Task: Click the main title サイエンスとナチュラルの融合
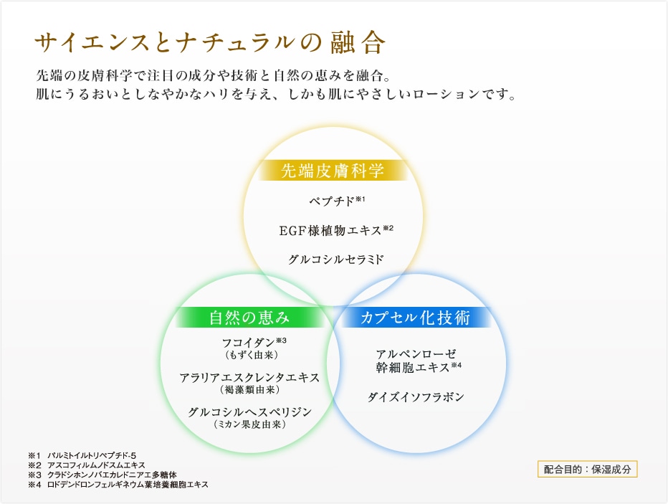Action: click(210, 42)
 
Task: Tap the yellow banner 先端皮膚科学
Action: click(333, 171)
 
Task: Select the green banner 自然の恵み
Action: click(249, 318)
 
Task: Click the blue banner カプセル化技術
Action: click(416, 318)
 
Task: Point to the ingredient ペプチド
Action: click(332, 201)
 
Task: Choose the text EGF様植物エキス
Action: click(330, 230)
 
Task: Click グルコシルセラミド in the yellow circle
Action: click(336, 259)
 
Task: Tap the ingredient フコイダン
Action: click(249, 343)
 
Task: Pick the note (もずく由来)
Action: click(252, 355)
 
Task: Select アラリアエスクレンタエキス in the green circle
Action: click(249, 378)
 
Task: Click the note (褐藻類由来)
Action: click(250, 389)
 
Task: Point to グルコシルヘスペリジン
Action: click(250, 412)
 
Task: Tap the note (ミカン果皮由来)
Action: click(250, 424)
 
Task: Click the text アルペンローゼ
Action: click(416, 354)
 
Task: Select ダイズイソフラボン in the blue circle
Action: click(416, 397)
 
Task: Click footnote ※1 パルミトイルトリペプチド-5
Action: click(82, 456)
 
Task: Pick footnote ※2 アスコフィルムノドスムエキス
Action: click(87, 465)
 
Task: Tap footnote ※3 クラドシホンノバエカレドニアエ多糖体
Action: click(102, 475)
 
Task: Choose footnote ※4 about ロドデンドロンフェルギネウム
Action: click(118, 485)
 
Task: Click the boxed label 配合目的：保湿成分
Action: click(588, 470)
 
